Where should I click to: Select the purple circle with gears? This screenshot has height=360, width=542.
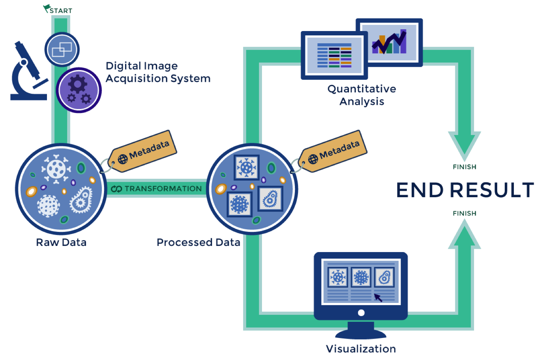78,90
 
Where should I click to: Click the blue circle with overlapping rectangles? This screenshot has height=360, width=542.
62,49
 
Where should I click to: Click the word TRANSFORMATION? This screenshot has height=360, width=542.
163,189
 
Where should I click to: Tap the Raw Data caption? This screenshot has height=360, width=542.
61,242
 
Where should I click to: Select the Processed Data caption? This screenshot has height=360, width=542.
198,242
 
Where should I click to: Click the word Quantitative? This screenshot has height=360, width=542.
362,89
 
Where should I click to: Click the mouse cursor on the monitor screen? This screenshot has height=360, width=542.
378,298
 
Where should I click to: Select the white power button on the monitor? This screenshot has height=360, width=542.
361,313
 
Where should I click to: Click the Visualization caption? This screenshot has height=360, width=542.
361,349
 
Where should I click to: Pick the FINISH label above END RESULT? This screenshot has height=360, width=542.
464,167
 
